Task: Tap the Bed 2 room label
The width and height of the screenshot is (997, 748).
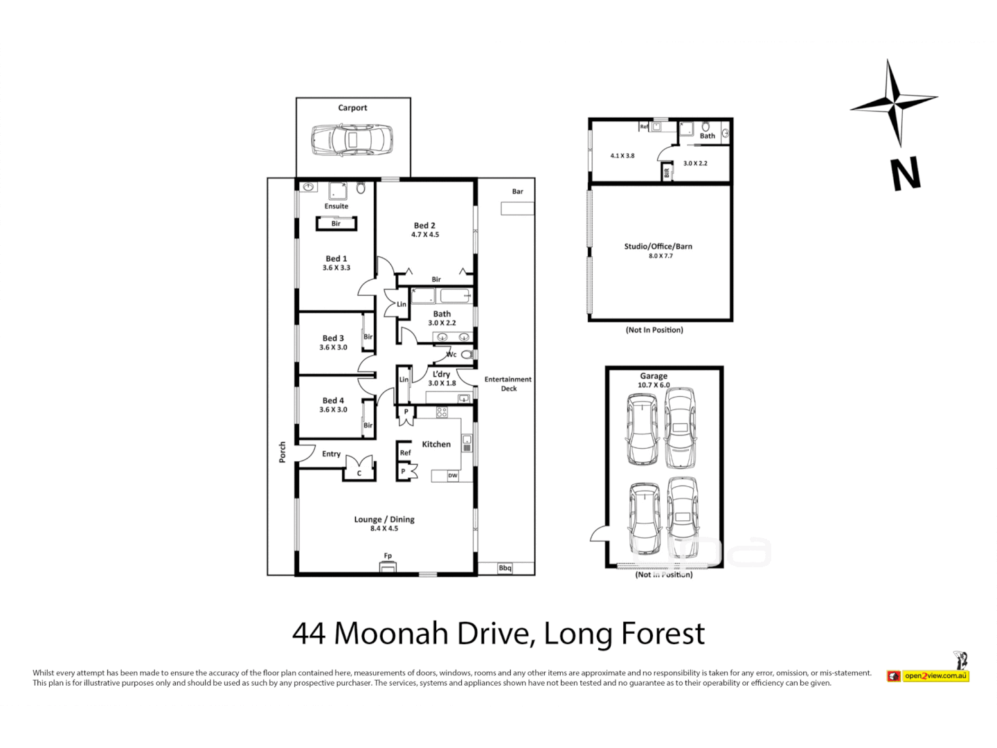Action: [424, 225]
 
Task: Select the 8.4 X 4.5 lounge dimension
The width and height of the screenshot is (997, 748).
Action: [384, 528]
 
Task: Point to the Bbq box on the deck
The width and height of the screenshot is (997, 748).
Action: [505, 568]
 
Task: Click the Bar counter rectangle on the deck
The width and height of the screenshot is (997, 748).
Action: [517, 208]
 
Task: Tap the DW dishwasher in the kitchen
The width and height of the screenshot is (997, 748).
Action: [453, 476]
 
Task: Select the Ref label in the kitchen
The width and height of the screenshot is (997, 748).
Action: [405, 453]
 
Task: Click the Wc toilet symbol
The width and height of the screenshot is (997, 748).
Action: [467, 355]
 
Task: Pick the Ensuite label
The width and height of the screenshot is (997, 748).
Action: [336, 206]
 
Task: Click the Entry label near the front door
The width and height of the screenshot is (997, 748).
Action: [331, 454]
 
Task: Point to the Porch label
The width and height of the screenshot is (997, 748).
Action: [282, 452]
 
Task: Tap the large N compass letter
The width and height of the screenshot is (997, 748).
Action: [906, 174]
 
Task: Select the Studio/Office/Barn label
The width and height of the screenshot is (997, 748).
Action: [658, 247]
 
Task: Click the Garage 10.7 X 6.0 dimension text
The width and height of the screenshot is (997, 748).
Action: [654, 385]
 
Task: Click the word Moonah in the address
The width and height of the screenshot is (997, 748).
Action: [391, 634]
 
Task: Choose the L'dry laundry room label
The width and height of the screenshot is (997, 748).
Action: [442, 374]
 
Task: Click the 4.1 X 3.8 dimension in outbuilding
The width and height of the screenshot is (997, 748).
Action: [622, 156]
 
